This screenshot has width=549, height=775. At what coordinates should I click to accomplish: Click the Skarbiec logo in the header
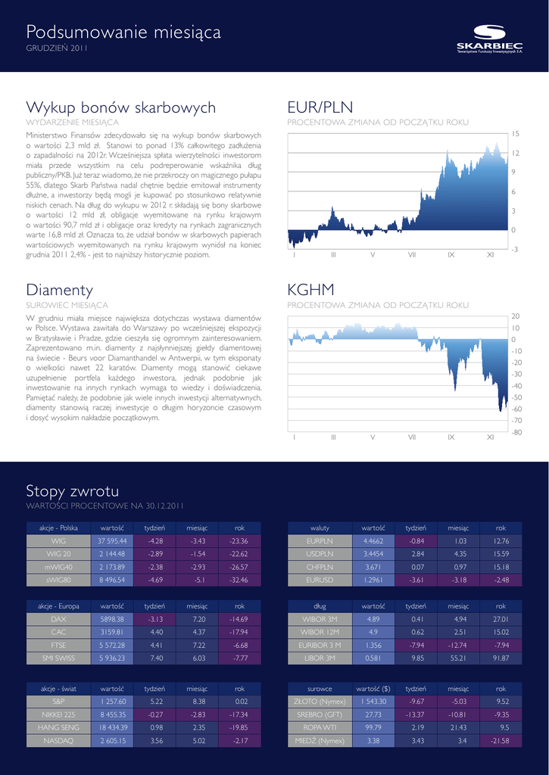click(489, 39)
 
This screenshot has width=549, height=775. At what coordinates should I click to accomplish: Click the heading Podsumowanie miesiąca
click(123, 33)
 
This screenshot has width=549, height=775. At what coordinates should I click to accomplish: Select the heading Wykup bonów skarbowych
click(120, 107)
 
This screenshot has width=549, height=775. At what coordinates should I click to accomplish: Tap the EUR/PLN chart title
click(320, 107)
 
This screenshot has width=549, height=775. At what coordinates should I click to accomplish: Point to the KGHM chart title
click(310, 290)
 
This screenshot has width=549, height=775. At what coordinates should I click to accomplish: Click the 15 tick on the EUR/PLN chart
click(515, 133)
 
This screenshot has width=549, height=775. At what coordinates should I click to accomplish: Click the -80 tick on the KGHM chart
click(516, 432)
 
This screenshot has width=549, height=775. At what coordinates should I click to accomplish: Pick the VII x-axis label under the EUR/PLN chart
click(412, 255)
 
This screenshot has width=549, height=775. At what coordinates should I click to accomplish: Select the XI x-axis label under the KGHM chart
click(490, 437)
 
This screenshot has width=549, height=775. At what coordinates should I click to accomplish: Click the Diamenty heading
click(60, 290)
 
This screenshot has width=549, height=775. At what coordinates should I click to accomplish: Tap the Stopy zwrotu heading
click(72, 491)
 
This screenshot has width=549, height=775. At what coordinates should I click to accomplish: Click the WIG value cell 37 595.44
click(111, 541)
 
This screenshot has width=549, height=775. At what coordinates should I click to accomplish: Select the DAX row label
click(58, 618)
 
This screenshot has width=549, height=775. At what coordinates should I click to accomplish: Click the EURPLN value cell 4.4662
click(373, 541)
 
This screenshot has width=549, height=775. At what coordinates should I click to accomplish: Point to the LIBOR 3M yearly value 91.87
click(501, 658)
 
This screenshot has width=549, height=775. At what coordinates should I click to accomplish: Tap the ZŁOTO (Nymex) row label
click(320, 702)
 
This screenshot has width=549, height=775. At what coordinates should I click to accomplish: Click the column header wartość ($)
click(373, 689)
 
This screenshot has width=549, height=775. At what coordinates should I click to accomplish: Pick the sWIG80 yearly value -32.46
click(239, 580)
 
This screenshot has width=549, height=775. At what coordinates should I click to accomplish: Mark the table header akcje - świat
click(58, 689)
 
